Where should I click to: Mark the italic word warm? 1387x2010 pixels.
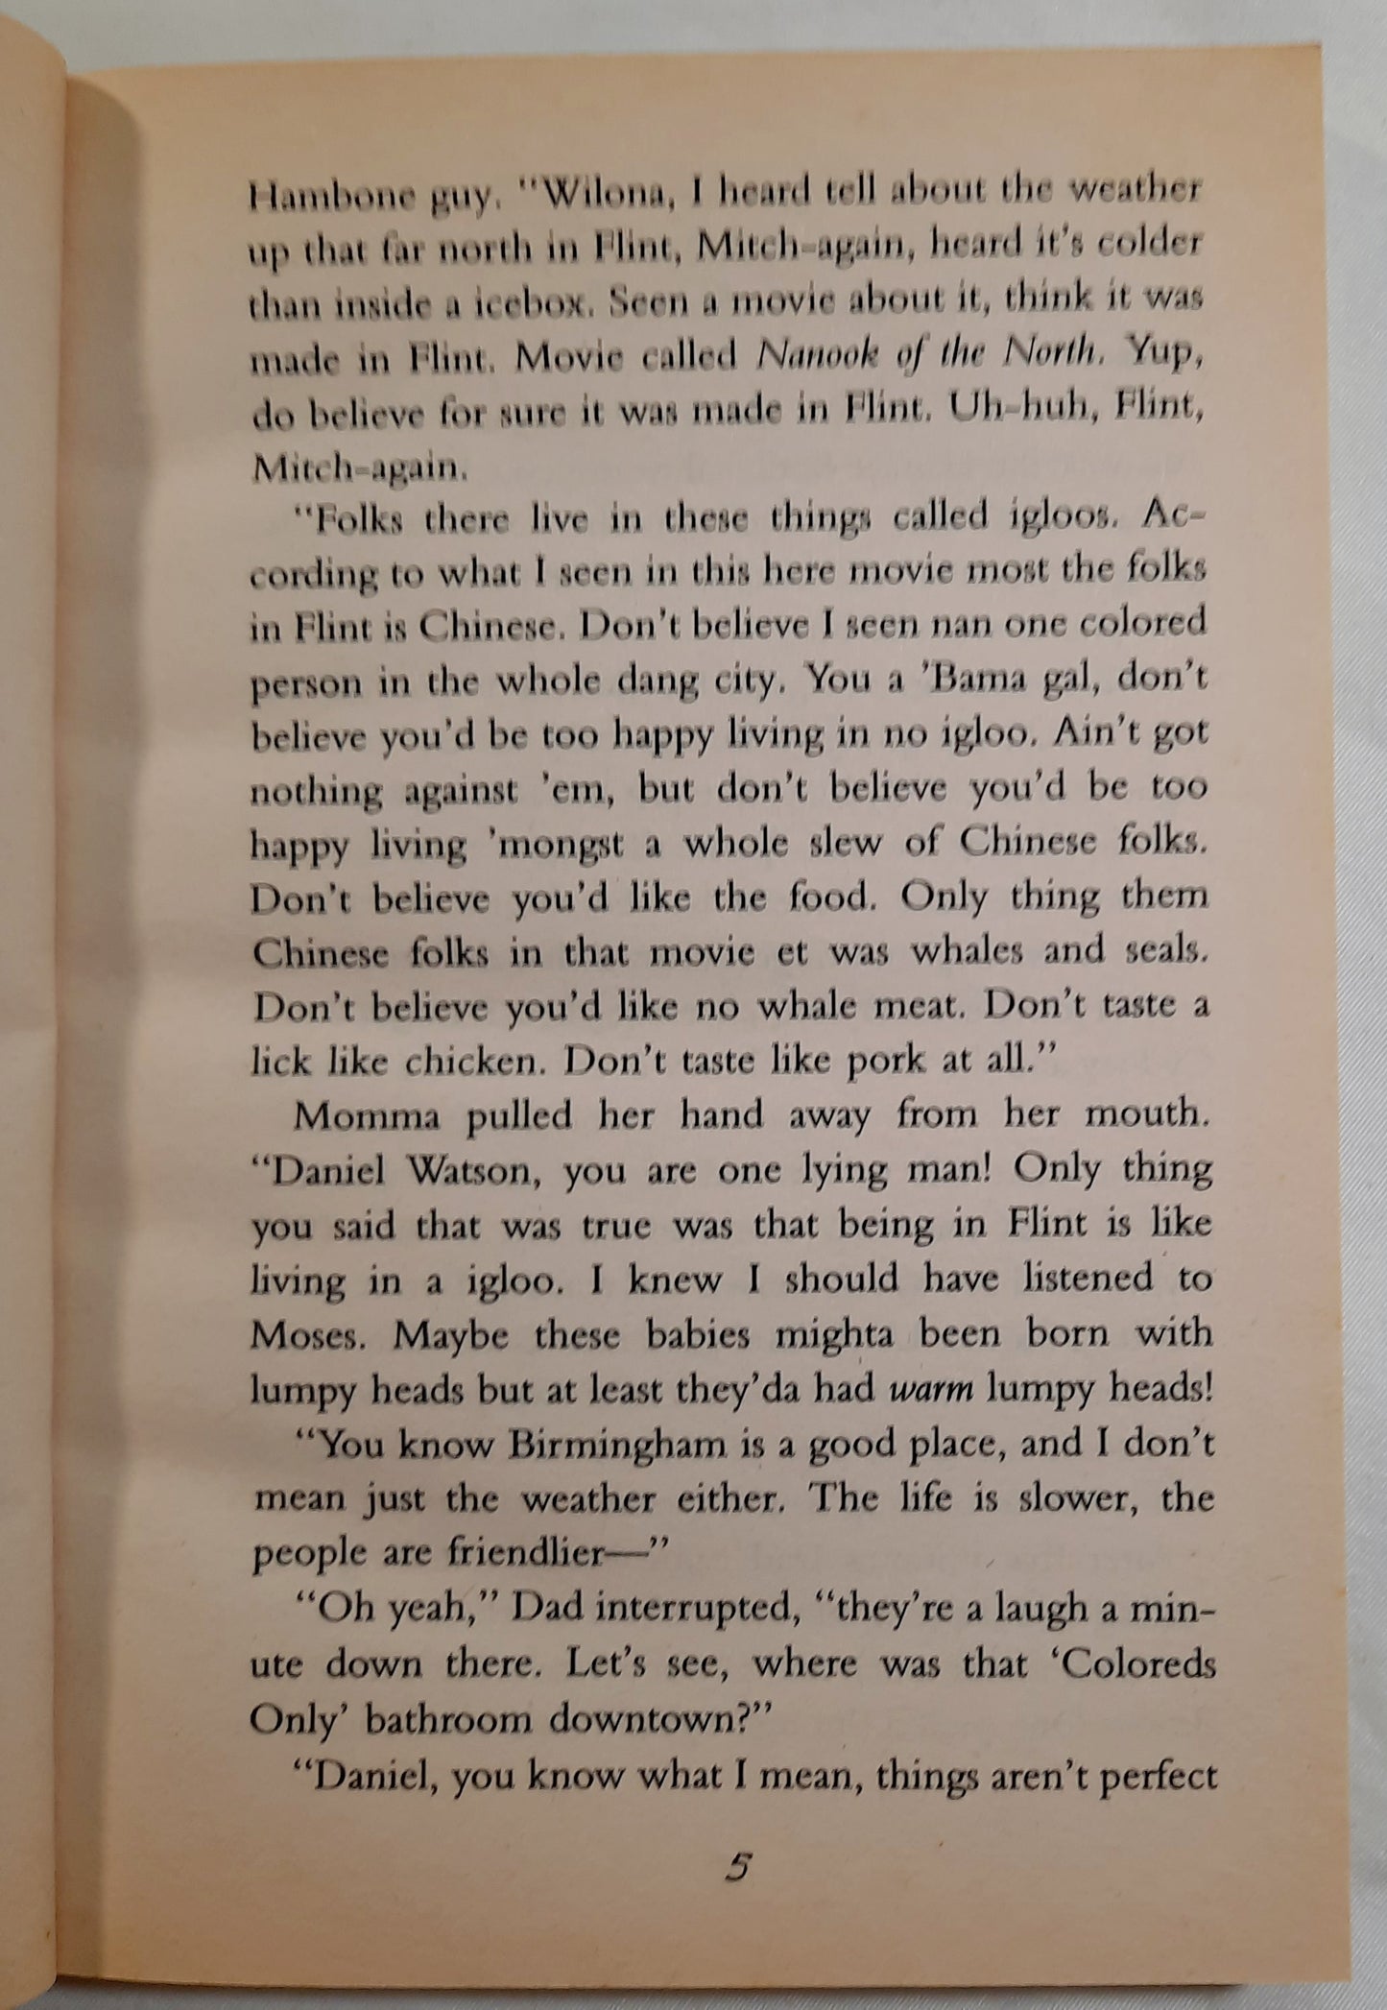[931, 1389]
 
